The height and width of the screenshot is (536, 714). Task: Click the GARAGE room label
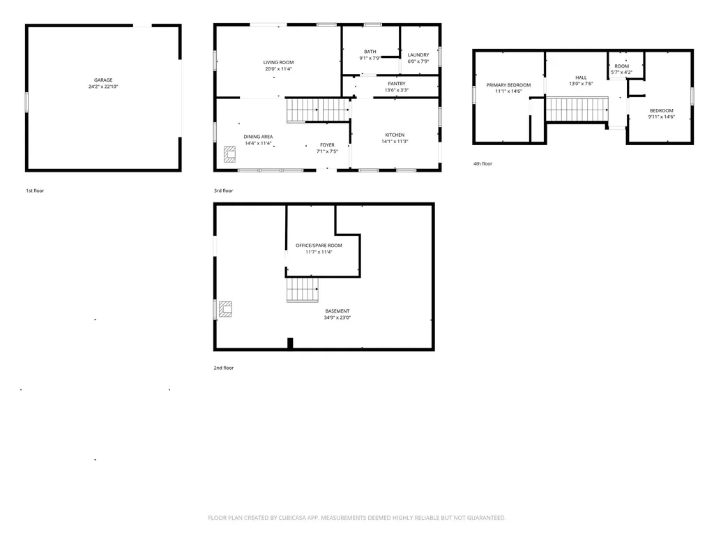point(103,80)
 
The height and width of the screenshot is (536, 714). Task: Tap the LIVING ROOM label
point(278,62)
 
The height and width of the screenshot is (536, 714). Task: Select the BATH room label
point(370,52)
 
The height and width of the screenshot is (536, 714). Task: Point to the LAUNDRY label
point(418,55)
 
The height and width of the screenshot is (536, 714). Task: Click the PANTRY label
point(397,84)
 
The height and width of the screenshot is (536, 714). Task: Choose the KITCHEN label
point(395,135)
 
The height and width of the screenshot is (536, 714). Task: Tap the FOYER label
point(328,145)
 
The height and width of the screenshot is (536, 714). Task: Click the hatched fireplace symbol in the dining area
point(229,154)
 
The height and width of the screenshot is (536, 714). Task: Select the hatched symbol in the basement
point(225,308)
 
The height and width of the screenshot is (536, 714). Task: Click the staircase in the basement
point(303,290)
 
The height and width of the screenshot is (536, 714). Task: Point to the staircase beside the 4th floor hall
point(577,110)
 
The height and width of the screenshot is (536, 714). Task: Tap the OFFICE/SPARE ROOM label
point(319,246)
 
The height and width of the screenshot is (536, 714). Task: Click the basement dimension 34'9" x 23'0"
point(337,318)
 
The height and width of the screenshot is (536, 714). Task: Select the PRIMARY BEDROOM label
point(508,85)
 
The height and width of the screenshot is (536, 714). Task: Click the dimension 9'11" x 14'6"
point(662,117)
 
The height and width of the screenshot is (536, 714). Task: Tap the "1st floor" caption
point(35,191)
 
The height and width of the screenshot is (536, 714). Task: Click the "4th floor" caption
point(483,163)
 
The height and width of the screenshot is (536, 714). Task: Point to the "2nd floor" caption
point(224,368)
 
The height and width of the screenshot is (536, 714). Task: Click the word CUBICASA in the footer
point(292,518)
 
